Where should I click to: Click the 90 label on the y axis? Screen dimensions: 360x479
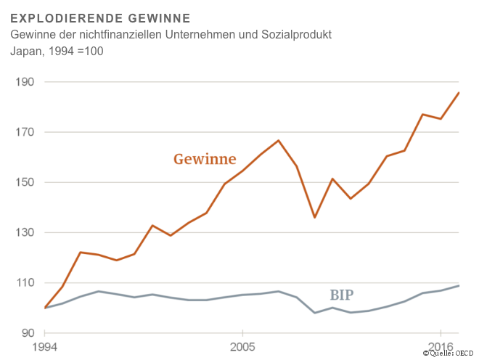[28, 333]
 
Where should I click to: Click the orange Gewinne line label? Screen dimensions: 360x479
[205, 159]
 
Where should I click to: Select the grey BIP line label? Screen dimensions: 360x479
[343, 295]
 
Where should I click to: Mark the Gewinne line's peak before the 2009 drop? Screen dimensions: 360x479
[279, 140]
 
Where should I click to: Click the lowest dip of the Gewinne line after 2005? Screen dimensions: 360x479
[314, 217]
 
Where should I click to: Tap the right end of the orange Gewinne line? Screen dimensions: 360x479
[459, 92]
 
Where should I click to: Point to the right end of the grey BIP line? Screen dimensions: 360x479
[459, 285]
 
